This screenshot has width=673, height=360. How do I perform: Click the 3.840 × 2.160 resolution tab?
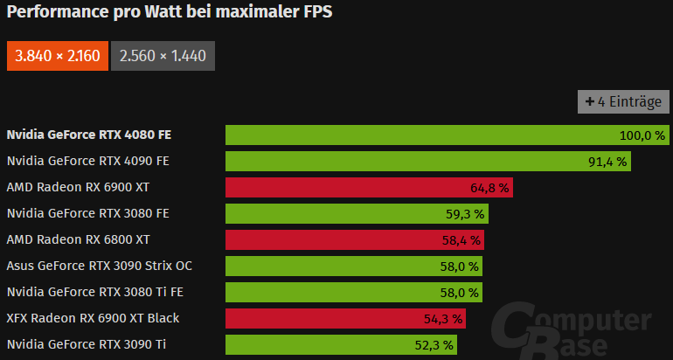(x=57, y=57)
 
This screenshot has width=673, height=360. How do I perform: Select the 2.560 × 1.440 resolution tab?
(x=163, y=57)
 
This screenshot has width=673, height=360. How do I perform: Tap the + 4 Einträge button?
(x=623, y=102)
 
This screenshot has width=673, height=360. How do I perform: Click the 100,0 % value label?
(x=642, y=135)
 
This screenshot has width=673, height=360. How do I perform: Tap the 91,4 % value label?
(x=607, y=162)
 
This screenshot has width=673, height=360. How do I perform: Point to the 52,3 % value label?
(x=434, y=345)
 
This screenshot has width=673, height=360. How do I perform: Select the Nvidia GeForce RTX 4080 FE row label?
(x=88, y=135)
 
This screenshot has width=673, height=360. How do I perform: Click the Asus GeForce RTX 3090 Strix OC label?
(x=100, y=267)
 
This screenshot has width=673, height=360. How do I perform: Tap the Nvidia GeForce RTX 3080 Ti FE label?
(x=94, y=293)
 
